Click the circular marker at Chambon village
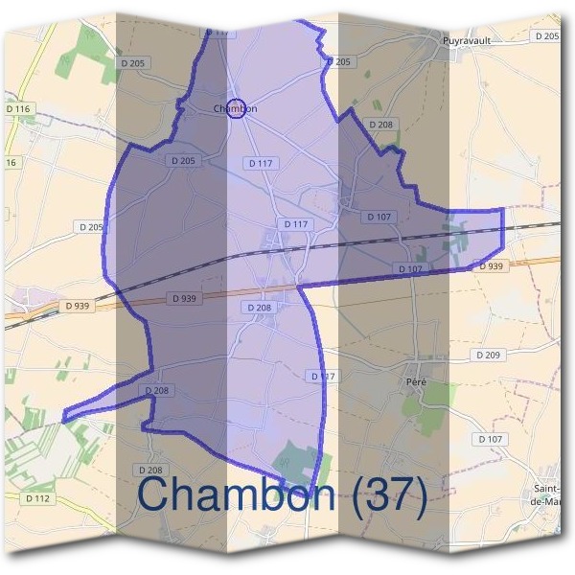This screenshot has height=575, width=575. click(x=237, y=108)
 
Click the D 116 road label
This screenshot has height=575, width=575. click(x=18, y=110)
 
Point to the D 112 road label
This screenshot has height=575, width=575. click(x=37, y=498)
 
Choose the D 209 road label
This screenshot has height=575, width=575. click(x=488, y=355)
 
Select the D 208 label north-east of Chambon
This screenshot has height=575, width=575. click(x=380, y=125)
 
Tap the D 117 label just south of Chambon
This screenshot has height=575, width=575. click(x=261, y=164)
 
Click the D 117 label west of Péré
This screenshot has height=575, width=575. click(x=324, y=376)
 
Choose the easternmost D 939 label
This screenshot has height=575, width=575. click(x=490, y=266)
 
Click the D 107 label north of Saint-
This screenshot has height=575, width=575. click(x=489, y=439)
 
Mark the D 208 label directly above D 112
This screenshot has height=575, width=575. click(x=149, y=470)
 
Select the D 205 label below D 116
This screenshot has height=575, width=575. click(x=89, y=226)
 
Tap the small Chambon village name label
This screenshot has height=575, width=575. click(x=236, y=109)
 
